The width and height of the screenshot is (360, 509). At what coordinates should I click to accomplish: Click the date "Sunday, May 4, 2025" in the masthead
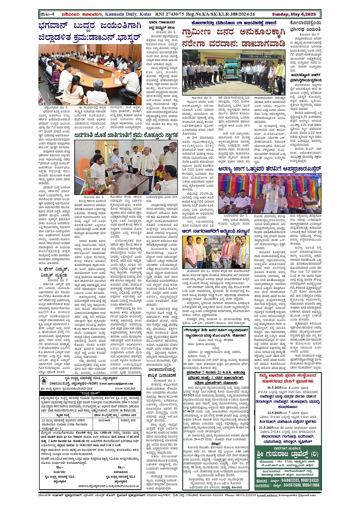click(296, 14)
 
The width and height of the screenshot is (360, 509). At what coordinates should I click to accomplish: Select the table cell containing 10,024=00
click(104, 420)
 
